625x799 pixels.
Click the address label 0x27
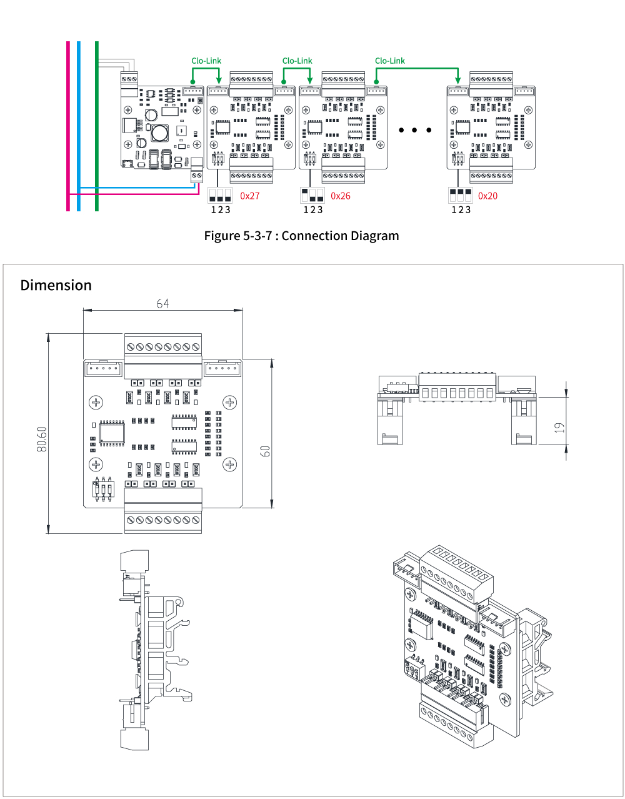249,196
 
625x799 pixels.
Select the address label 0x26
340,196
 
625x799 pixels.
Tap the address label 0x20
487,196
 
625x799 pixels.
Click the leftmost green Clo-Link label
206,61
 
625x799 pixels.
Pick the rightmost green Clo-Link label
390,61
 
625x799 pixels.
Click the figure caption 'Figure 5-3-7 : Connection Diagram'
301,236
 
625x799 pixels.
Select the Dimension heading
56,285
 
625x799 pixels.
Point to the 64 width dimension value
162,303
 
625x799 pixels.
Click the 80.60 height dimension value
41,440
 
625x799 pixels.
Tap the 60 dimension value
265,451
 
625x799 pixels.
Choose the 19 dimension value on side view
559,428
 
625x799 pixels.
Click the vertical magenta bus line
68,125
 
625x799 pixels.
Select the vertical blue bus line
79,125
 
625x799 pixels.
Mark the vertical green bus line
97,125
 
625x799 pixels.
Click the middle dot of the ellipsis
414,130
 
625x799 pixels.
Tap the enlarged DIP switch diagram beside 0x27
220,194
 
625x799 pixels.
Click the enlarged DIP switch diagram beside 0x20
460,194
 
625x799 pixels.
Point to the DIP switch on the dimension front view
104,488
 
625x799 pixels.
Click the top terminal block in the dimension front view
163,346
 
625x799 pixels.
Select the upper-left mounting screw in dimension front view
96,402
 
